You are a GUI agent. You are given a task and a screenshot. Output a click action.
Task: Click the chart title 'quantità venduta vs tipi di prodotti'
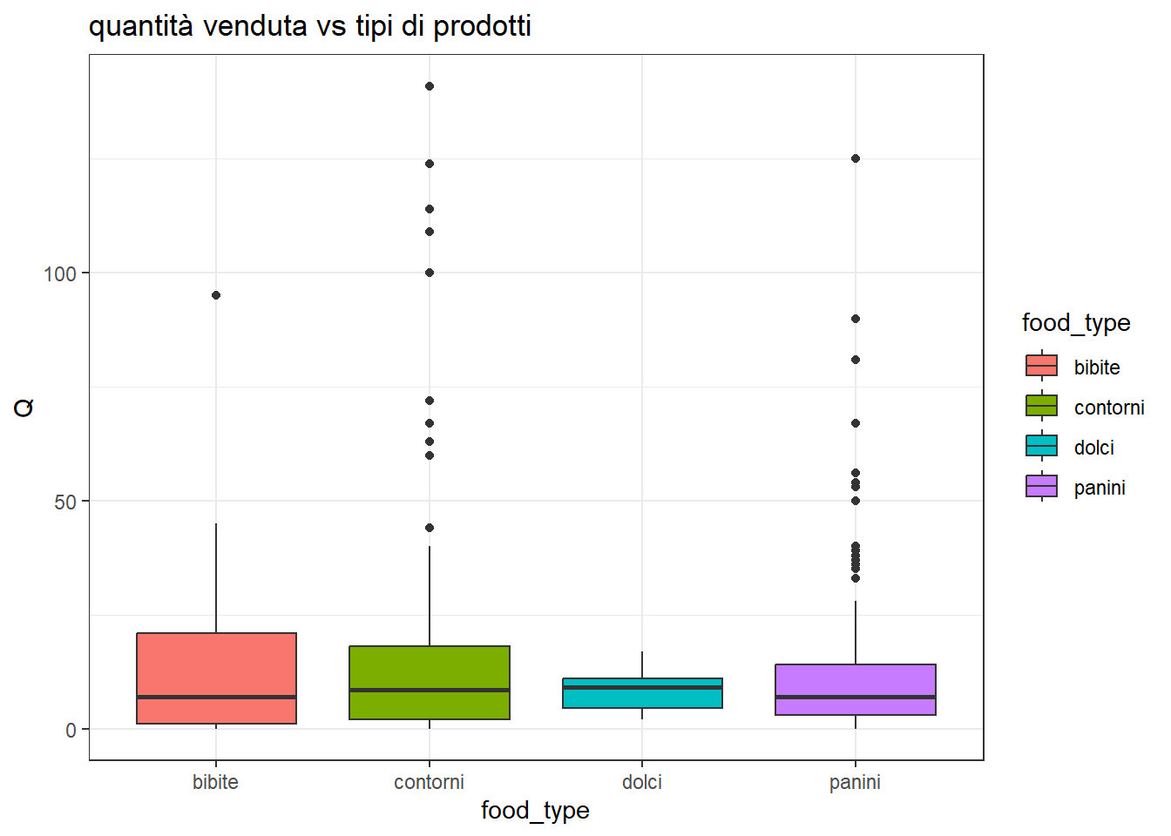309,26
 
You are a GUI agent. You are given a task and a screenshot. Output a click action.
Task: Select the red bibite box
216,666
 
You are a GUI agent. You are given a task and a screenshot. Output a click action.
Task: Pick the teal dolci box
642,698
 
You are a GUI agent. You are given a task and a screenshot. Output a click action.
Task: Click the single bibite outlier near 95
216,295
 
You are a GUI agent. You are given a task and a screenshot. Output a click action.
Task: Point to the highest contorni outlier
430,86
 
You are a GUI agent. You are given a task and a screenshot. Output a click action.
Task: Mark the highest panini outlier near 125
856,158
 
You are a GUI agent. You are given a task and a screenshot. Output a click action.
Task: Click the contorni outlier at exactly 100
430,273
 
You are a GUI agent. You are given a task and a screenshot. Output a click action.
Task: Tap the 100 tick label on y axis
60,273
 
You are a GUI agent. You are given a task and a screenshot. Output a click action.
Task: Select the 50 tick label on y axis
65,502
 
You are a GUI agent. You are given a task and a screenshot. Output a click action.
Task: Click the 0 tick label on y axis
71,730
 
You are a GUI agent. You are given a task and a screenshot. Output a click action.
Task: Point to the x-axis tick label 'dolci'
642,782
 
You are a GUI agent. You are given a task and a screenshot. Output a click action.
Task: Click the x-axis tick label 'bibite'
215,782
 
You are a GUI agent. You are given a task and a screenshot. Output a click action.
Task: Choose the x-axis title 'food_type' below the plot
535,811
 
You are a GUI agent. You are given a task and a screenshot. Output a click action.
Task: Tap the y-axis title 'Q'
24,408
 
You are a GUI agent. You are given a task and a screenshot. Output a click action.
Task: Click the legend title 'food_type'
1076,323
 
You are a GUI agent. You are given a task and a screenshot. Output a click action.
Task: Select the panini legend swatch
1041,486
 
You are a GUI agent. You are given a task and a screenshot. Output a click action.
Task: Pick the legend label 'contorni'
1108,408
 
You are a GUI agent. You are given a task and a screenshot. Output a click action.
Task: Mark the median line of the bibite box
216,697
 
